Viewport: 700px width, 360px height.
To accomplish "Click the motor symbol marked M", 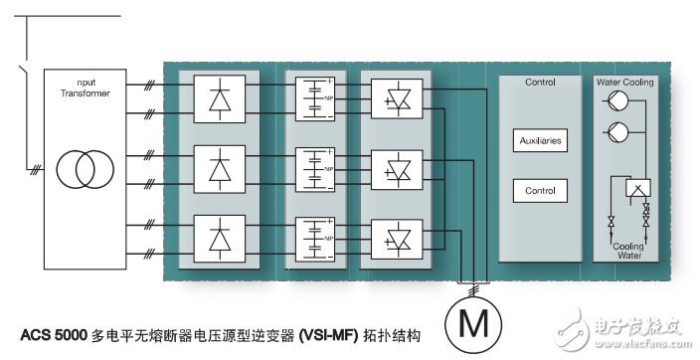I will [475, 324].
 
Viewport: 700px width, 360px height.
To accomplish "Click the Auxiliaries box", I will [540, 141].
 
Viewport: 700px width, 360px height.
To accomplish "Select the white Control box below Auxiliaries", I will [540, 191].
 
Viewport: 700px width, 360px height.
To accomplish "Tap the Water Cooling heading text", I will [624, 82].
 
